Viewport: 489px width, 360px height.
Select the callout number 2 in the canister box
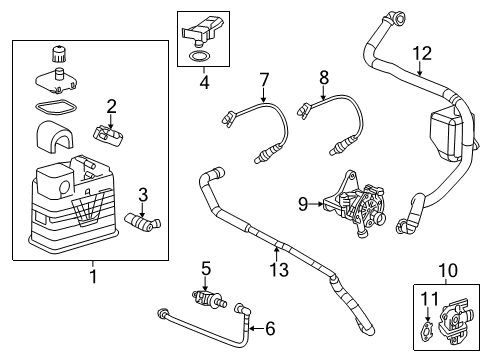[113, 106]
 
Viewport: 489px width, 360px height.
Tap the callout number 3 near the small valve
[143, 193]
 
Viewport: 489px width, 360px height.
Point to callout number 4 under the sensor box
[203, 84]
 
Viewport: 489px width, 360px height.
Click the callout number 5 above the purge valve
[206, 268]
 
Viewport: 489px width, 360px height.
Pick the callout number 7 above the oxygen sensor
[264, 79]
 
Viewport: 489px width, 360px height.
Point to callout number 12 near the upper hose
[422, 53]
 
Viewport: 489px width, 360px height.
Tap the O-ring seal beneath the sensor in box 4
[198, 58]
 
